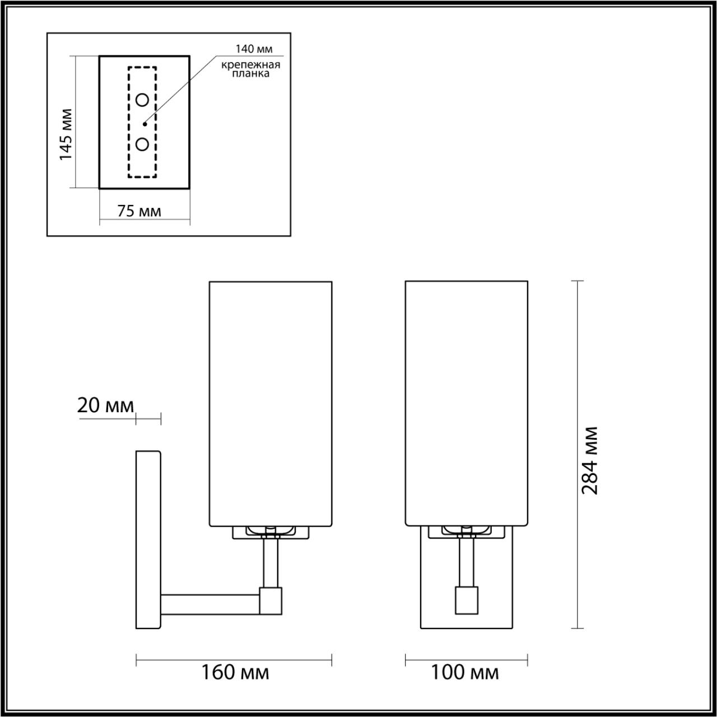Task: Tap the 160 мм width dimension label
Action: click(235, 672)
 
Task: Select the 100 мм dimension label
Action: click(464, 672)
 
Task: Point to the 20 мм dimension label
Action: click(105, 406)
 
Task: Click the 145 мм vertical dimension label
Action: click(67, 134)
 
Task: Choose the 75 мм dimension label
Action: click(139, 211)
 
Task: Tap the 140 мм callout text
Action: click(254, 49)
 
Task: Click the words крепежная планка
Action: click(250, 69)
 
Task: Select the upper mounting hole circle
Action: click(142, 100)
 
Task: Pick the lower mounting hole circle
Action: click(142, 144)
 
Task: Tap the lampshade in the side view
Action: click(271, 403)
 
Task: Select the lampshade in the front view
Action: click(466, 403)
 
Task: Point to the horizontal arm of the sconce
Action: click(211, 603)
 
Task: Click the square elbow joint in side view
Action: click(271, 599)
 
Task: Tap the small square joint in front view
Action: click(466, 599)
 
